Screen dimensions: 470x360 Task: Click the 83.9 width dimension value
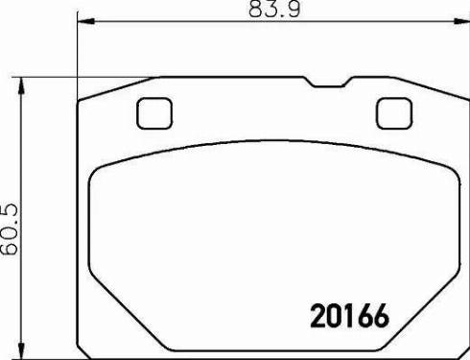[274, 10]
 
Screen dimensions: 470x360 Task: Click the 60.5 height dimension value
[10, 229]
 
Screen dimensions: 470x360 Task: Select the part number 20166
[350, 316]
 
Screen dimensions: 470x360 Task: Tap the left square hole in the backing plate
[154, 113]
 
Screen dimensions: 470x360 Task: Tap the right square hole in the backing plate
[394, 113]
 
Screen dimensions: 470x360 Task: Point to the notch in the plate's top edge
[328, 83]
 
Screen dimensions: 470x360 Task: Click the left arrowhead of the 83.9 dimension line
[86, 21]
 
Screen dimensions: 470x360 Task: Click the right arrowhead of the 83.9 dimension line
[461, 21]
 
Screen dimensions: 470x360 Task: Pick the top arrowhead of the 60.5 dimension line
[21, 85]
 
